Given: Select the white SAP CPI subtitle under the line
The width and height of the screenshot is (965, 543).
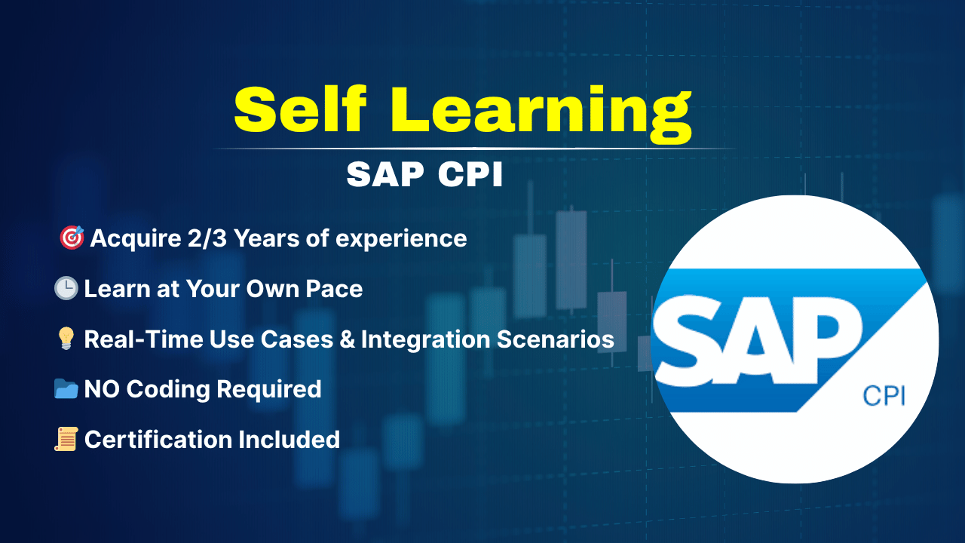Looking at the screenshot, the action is click(x=424, y=174).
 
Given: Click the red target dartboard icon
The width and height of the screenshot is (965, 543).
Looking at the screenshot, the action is click(x=72, y=238).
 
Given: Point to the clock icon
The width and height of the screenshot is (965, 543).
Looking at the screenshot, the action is click(x=66, y=288).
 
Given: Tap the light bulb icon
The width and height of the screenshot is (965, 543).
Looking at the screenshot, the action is click(x=66, y=339).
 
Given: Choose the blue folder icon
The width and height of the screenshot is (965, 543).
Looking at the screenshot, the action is click(x=66, y=388).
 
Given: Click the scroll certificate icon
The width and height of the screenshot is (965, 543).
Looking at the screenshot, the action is click(x=66, y=439).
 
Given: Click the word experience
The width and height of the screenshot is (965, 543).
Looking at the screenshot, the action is click(x=401, y=240).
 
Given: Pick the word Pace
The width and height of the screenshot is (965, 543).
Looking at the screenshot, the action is click(x=334, y=289).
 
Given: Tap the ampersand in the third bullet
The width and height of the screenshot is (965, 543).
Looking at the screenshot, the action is click(x=348, y=339).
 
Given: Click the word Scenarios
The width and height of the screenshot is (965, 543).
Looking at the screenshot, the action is click(x=556, y=339).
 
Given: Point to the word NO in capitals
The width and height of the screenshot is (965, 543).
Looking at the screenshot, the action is click(x=102, y=389).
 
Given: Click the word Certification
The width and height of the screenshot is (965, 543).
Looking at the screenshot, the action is click(x=158, y=440).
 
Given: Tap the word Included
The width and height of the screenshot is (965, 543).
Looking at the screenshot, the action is click(x=289, y=440).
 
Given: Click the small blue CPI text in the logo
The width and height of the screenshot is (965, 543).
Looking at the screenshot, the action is click(x=884, y=397).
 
